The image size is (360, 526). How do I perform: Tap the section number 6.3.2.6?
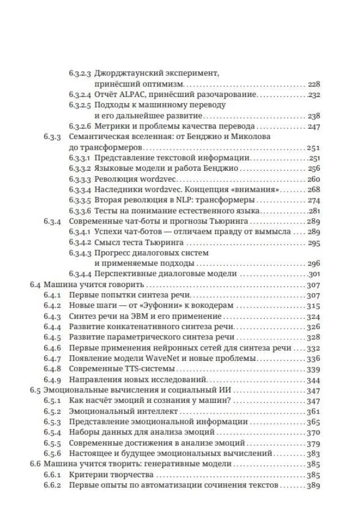tap(80, 127)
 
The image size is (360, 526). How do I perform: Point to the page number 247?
tap(313, 127)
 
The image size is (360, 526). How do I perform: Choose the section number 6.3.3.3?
tap(80, 180)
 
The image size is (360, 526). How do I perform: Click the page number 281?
tap(314, 211)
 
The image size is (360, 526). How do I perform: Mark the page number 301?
tap(314, 274)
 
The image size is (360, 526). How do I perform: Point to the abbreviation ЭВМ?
tap(129, 316)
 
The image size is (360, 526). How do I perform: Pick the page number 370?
tap(313, 432)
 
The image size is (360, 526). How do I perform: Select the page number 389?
tap(313, 486)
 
